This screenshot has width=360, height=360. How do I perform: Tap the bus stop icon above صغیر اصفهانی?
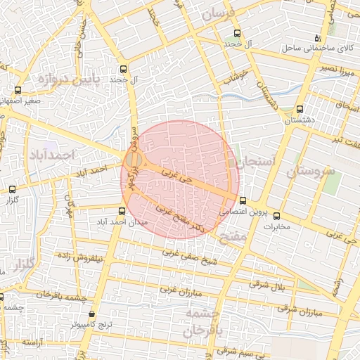18,90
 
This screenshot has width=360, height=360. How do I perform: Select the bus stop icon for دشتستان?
300,109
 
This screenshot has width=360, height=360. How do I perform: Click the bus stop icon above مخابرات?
276,216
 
